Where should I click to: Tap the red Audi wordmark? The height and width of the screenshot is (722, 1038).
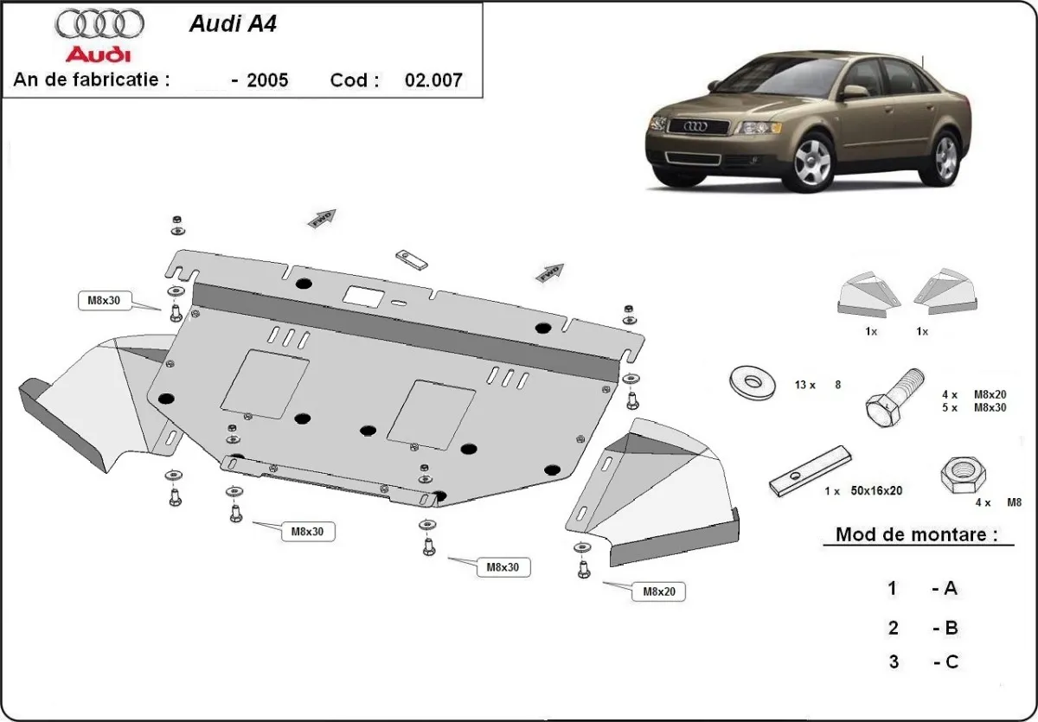(99, 55)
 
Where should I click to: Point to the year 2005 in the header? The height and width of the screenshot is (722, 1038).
(267, 80)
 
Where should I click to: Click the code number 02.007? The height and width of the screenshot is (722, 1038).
(433, 80)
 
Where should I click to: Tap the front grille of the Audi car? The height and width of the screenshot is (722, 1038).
(698, 126)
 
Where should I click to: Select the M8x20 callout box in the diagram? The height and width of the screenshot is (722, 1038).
(658, 592)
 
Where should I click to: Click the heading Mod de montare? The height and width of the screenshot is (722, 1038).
(911, 534)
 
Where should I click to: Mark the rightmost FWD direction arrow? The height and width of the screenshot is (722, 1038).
(549, 273)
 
